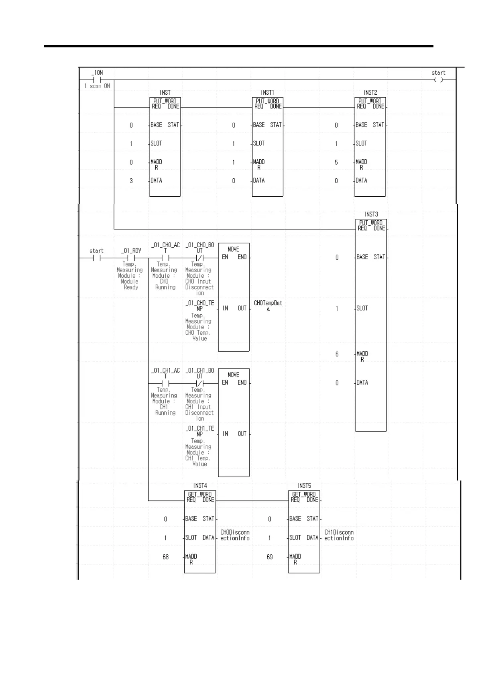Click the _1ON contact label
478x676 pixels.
pos(97,73)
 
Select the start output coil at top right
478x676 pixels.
pos(439,80)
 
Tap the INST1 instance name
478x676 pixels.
pos(267,93)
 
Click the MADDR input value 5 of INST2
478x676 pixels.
pos(336,163)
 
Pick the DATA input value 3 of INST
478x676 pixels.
pos(131,181)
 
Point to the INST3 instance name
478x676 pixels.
pos(371,214)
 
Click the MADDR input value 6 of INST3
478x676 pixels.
pos(337,354)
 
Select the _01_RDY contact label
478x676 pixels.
pos(131,251)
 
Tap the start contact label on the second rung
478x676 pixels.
pos(96,251)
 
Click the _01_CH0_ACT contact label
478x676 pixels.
pos(165,247)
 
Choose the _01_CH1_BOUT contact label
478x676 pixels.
pos(200,373)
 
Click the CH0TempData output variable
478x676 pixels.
pos(268,306)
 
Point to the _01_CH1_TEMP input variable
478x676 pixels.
pos(200,431)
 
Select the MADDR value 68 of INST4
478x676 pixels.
pos(165,557)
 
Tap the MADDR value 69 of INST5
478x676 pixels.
pos(270,557)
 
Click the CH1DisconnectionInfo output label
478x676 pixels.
pos(339,535)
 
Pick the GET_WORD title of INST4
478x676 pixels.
pos(200,495)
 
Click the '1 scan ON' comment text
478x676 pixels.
pos(97,86)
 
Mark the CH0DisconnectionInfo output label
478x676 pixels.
pos(235,535)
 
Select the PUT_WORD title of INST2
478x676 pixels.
pos(370,101)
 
